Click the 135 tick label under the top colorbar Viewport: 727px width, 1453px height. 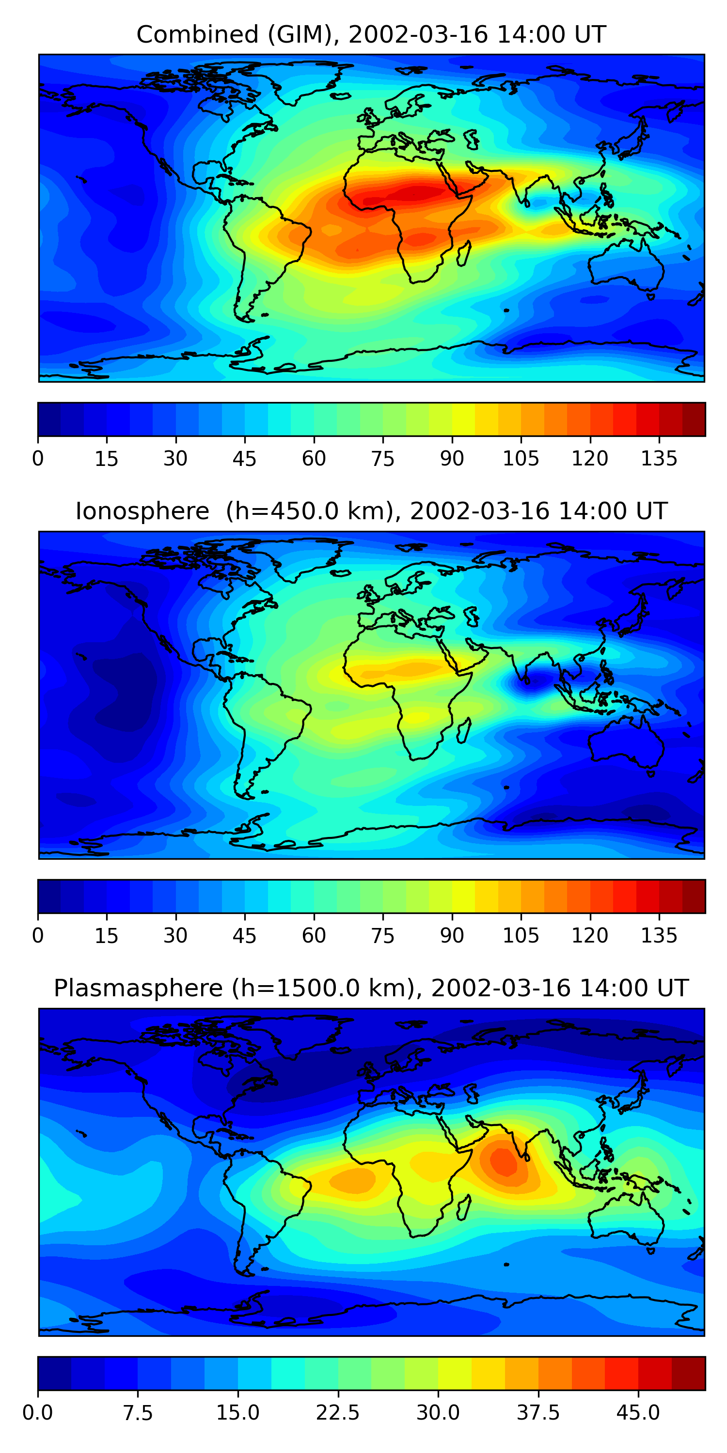coord(658,459)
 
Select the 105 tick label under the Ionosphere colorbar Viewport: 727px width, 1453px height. coord(521,935)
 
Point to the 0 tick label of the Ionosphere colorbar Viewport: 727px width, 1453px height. coord(38,935)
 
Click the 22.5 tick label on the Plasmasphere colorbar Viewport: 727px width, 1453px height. coord(337,1412)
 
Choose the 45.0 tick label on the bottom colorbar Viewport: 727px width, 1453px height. coord(638,1412)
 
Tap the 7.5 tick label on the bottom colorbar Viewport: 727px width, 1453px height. coord(138,1412)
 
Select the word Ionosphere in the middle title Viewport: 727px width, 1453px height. coord(142,511)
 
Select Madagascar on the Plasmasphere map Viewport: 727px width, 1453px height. coord(464,1207)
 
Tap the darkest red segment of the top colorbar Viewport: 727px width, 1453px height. coord(694,419)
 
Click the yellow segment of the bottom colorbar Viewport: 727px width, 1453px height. coord(455,1373)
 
